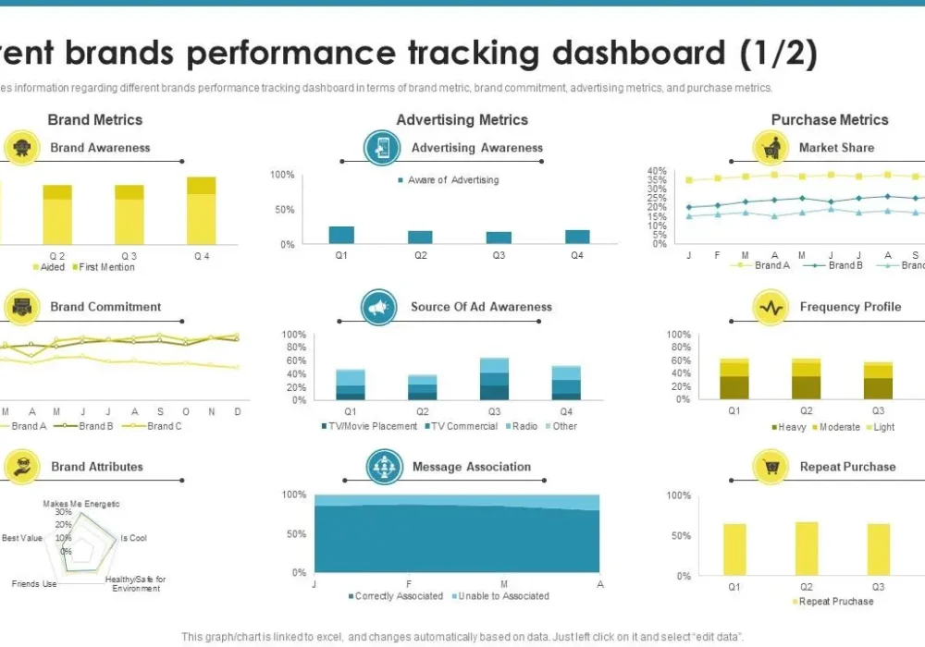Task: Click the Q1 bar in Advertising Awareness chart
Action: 341,235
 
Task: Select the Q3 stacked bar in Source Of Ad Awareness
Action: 495,379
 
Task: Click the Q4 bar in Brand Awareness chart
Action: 201,211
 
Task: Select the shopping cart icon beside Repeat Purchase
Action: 771,467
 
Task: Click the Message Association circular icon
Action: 383,467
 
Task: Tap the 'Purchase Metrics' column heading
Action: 829,119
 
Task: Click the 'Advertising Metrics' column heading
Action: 462,119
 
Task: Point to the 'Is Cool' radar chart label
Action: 133,538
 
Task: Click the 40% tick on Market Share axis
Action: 657,171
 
